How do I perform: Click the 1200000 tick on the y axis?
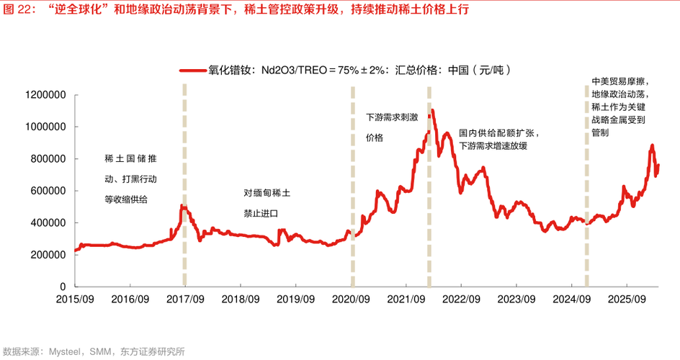45,95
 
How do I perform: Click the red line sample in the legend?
192,71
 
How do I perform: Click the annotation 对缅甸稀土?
267,193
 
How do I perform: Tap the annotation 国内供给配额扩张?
499,133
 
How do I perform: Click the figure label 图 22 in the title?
19,9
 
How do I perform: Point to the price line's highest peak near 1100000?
432,111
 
